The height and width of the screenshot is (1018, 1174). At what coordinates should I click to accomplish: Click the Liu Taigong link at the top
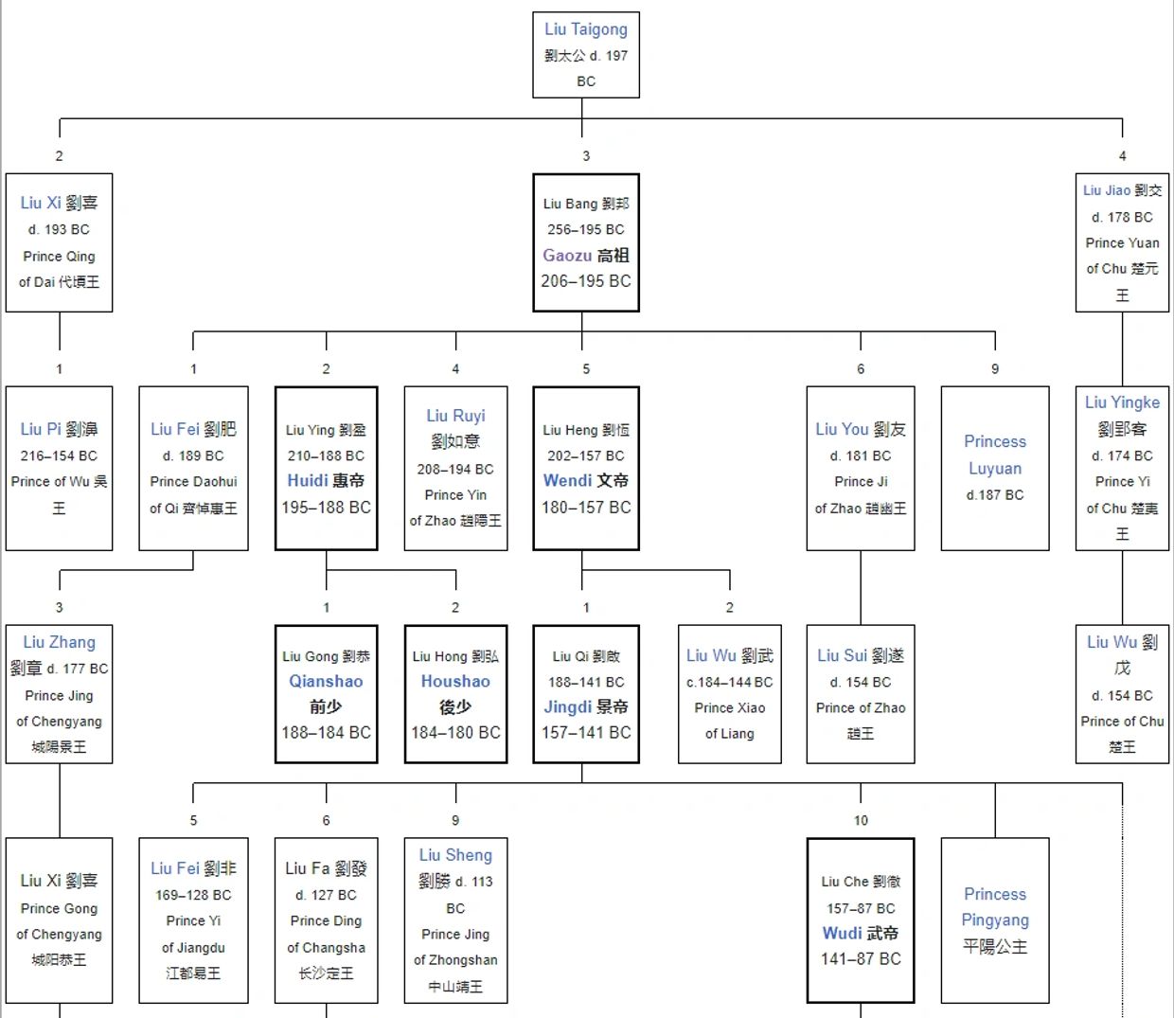click(585, 29)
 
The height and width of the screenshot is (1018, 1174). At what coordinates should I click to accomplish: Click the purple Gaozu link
click(567, 255)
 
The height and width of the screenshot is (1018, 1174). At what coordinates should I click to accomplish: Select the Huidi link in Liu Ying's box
click(308, 480)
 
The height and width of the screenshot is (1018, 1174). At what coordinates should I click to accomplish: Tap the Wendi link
click(567, 480)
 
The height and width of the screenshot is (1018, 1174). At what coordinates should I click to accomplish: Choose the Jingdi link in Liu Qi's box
click(567, 706)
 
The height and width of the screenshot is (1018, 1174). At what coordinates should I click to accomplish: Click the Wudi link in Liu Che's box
click(842, 933)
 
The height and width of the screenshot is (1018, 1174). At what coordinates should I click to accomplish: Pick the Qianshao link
click(326, 681)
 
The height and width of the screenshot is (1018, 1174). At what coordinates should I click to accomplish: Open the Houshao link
click(455, 681)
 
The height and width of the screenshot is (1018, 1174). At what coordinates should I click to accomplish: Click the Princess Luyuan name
click(995, 455)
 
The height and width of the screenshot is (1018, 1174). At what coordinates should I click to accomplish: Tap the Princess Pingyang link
click(995, 906)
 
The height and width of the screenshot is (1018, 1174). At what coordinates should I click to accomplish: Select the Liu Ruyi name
click(455, 416)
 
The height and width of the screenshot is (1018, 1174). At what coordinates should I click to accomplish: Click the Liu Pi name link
click(41, 429)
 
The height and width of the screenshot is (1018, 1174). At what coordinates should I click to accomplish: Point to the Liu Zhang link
click(59, 642)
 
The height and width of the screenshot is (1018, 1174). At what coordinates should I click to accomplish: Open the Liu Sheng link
click(455, 855)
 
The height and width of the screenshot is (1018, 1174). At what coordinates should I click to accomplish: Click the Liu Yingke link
click(1122, 402)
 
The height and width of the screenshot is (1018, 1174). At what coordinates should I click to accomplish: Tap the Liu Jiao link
click(1106, 190)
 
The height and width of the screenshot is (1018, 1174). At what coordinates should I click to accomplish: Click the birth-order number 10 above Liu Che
click(861, 820)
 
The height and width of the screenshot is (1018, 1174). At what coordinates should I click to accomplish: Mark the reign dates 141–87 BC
click(861, 959)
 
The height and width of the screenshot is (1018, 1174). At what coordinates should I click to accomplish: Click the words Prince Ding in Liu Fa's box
click(326, 920)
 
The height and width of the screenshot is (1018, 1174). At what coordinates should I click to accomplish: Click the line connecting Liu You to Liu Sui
click(861, 587)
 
